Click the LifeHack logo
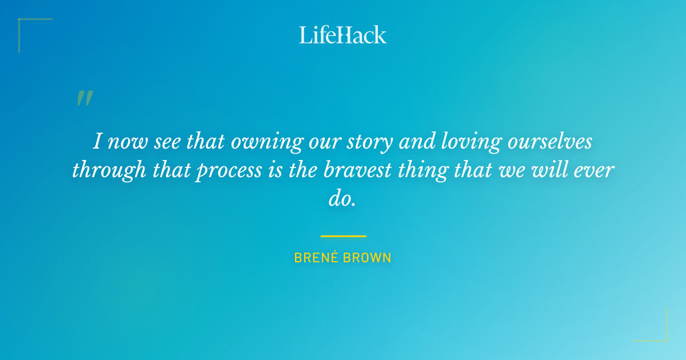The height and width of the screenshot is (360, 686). pyautogui.click(x=343, y=35)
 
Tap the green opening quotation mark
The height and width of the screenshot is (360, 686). pyautogui.click(x=84, y=98)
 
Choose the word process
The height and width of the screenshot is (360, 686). pyautogui.click(x=229, y=171)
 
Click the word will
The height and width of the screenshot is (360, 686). pyautogui.click(x=543, y=170)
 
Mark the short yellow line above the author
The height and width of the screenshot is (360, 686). pyautogui.click(x=343, y=235)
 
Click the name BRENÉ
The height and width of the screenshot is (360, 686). pyautogui.click(x=317, y=258)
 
